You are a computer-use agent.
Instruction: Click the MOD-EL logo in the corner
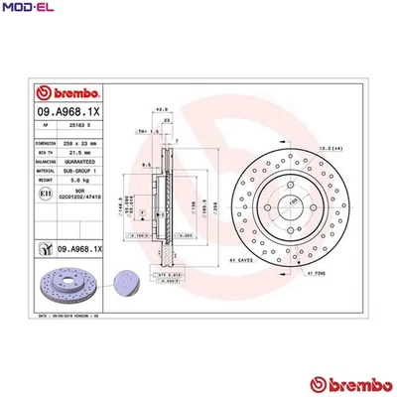(x=26, y=8)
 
